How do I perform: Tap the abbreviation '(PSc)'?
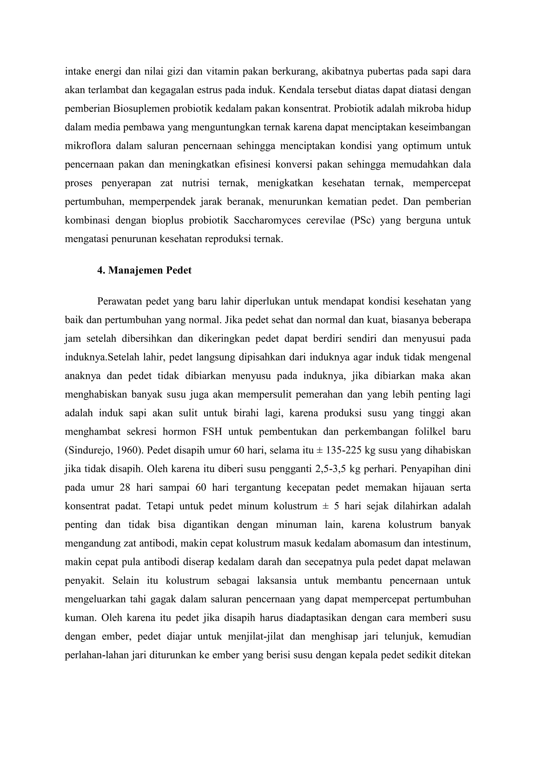(362, 220)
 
